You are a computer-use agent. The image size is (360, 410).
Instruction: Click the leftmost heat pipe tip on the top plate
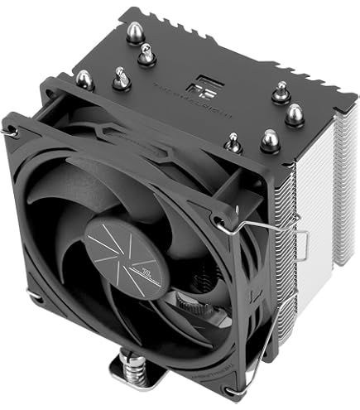(x=83, y=79)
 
